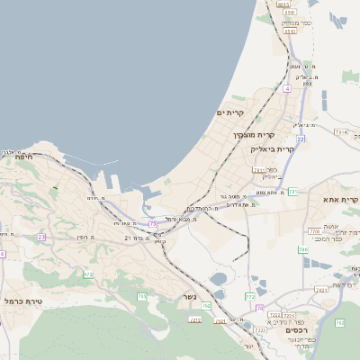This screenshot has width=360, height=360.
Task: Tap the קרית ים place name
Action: tap(231, 112)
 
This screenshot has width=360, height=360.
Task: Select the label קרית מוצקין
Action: tap(221, 135)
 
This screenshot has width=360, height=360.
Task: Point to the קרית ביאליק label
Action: tap(272, 148)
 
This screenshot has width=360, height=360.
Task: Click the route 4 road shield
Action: tap(287, 88)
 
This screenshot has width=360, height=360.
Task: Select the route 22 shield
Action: tap(301, 139)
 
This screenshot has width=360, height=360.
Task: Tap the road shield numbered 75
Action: tap(153, 222)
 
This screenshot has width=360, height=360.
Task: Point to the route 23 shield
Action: tap(41, 237)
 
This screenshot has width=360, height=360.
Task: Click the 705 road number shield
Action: tap(141, 296)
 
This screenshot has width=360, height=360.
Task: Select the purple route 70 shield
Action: tap(258, 309)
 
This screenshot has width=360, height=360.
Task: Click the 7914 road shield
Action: tap(341, 132)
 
